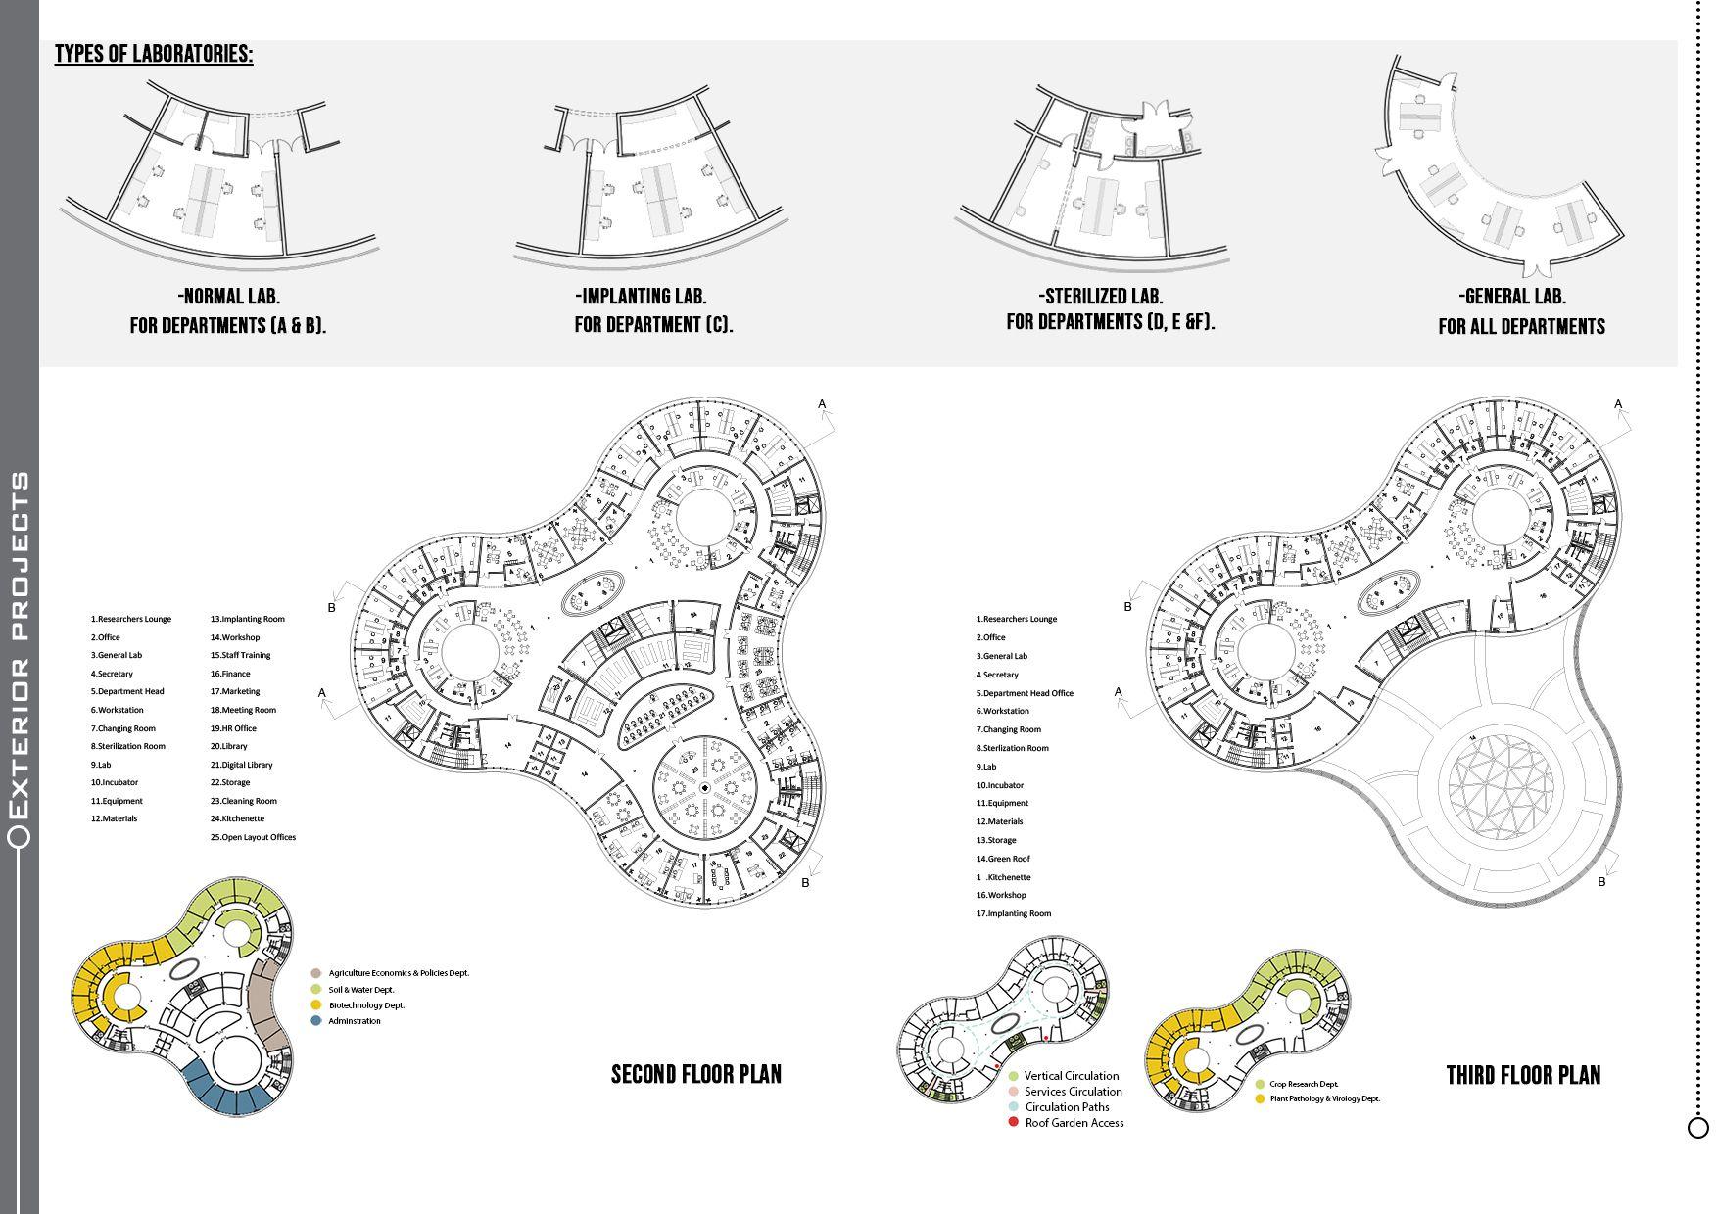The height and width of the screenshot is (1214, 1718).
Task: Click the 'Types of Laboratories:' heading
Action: point(154,54)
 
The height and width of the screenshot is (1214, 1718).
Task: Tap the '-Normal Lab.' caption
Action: point(229,296)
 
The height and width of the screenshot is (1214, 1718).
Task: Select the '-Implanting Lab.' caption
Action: point(641,296)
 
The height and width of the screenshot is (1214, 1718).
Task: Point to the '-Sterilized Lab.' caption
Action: point(1100,296)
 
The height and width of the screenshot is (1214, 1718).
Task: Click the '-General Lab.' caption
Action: point(1512,296)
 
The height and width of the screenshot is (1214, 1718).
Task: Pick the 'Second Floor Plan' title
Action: point(696,1074)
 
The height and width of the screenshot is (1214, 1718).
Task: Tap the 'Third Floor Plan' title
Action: point(1523,1075)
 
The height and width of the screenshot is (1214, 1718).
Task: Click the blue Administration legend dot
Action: point(315,1021)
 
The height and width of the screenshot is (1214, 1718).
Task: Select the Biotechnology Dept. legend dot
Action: point(315,1005)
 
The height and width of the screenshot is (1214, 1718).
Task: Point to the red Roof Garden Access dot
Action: point(1013,1122)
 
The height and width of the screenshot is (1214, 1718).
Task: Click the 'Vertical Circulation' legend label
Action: point(1072,1076)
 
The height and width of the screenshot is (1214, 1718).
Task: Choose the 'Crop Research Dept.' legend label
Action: point(1304,1085)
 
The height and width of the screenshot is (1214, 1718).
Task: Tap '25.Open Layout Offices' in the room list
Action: point(253,837)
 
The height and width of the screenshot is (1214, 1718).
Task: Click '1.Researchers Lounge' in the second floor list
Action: point(131,619)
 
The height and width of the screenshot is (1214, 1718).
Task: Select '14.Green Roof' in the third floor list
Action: point(1002,859)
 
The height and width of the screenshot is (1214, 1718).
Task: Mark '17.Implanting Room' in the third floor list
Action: point(1014,913)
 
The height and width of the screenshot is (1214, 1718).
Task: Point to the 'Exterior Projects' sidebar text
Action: point(20,646)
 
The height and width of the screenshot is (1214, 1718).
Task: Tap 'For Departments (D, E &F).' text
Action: point(1110,322)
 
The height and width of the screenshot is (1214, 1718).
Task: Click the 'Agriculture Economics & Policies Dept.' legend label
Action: point(399,973)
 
